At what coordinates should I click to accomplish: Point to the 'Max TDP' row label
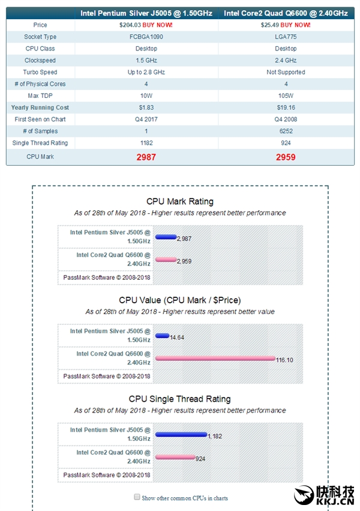coord(41,95)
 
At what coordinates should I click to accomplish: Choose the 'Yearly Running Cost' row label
coord(40,107)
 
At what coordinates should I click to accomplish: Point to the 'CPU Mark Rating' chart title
coord(180,201)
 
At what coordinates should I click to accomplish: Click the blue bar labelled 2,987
coord(166,237)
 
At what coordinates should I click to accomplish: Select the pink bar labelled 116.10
coord(215,358)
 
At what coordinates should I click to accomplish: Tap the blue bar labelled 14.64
coord(162,336)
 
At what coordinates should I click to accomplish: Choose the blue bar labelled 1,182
coord(181,434)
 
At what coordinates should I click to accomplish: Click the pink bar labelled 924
coord(175,457)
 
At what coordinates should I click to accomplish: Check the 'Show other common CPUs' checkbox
coord(137,497)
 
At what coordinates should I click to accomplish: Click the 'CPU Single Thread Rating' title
coord(180,399)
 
